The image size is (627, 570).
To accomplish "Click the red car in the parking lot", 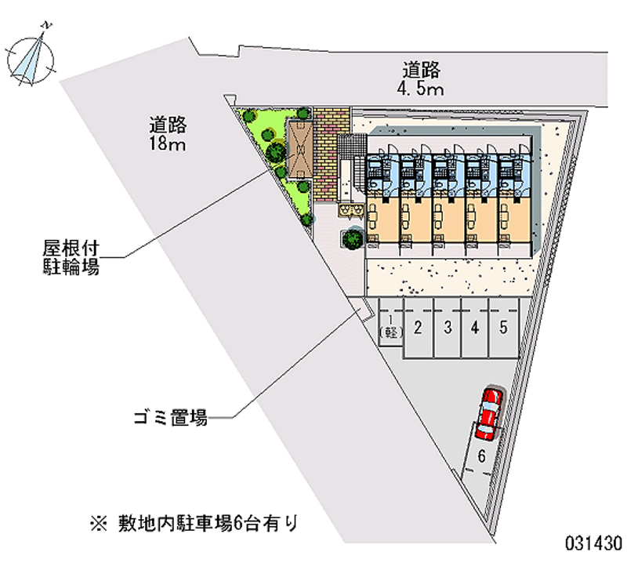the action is [x=489, y=414].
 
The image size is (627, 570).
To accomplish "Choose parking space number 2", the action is [x=418, y=328].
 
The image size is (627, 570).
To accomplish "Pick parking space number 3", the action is [x=448, y=328].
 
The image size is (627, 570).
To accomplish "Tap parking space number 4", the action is [x=475, y=328].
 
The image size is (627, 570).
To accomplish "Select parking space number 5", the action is [x=503, y=328].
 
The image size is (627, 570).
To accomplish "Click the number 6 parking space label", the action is [x=481, y=456].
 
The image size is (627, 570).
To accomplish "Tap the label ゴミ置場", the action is [x=171, y=418].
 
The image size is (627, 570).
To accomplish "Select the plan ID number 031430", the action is [x=593, y=543].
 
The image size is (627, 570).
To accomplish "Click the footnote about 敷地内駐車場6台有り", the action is [x=194, y=524].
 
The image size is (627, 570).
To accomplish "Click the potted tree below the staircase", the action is [x=353, y=238].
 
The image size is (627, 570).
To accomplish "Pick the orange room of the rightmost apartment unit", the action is [x=515, y=220].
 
